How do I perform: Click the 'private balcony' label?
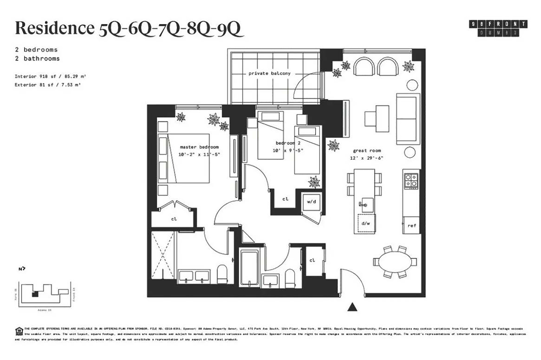[269, 73]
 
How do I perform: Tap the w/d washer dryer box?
[311, 202]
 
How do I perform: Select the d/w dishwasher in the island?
[366, 223]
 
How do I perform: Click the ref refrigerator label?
[412, 226]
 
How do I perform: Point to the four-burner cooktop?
[411, 181]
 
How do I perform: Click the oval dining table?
[395, 262]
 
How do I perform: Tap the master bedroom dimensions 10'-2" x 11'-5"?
[199, 154]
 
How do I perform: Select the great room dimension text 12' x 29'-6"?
[367, 158]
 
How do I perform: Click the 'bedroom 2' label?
[288, 143]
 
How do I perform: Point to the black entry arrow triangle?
[352, 307]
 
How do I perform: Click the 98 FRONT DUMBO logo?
[498, 28]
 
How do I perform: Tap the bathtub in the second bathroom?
[249, 267]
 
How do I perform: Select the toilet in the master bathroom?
[222, 274]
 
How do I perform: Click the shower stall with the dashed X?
[162, 256]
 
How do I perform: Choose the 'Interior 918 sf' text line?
[50, 76]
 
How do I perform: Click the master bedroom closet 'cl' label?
[174, 219]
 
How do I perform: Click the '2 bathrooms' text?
[37, 58]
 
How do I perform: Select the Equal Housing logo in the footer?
[19, 331]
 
